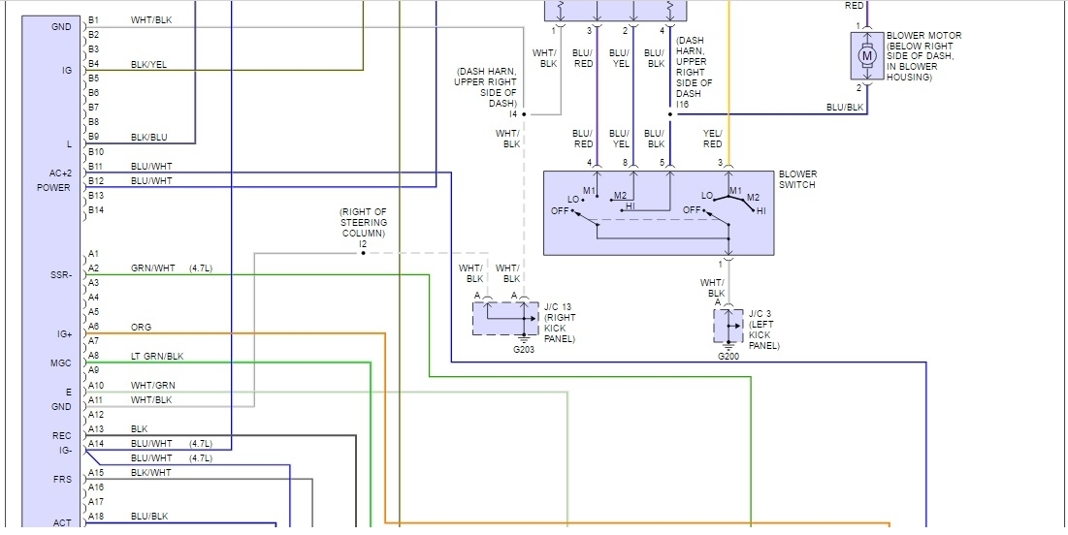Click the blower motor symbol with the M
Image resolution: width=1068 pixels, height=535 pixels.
866,56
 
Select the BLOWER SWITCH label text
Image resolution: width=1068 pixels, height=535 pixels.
797,180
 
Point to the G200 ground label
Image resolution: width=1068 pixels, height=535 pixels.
728,357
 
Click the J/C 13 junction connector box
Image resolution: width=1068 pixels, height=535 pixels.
504,318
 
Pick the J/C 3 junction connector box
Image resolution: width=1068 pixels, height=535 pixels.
728,327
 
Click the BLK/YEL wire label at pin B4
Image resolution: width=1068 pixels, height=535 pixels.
150,64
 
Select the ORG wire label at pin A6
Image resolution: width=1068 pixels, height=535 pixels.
141,328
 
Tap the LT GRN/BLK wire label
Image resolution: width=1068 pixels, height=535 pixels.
157,357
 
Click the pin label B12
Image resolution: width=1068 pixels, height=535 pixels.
95,180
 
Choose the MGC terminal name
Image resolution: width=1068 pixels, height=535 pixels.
60,363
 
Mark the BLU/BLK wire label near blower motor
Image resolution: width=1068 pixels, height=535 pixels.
844,107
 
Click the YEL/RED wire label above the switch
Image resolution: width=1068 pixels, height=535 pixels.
712,139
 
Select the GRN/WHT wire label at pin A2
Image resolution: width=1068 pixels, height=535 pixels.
152,268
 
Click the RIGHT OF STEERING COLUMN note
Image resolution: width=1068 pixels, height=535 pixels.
363,223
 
